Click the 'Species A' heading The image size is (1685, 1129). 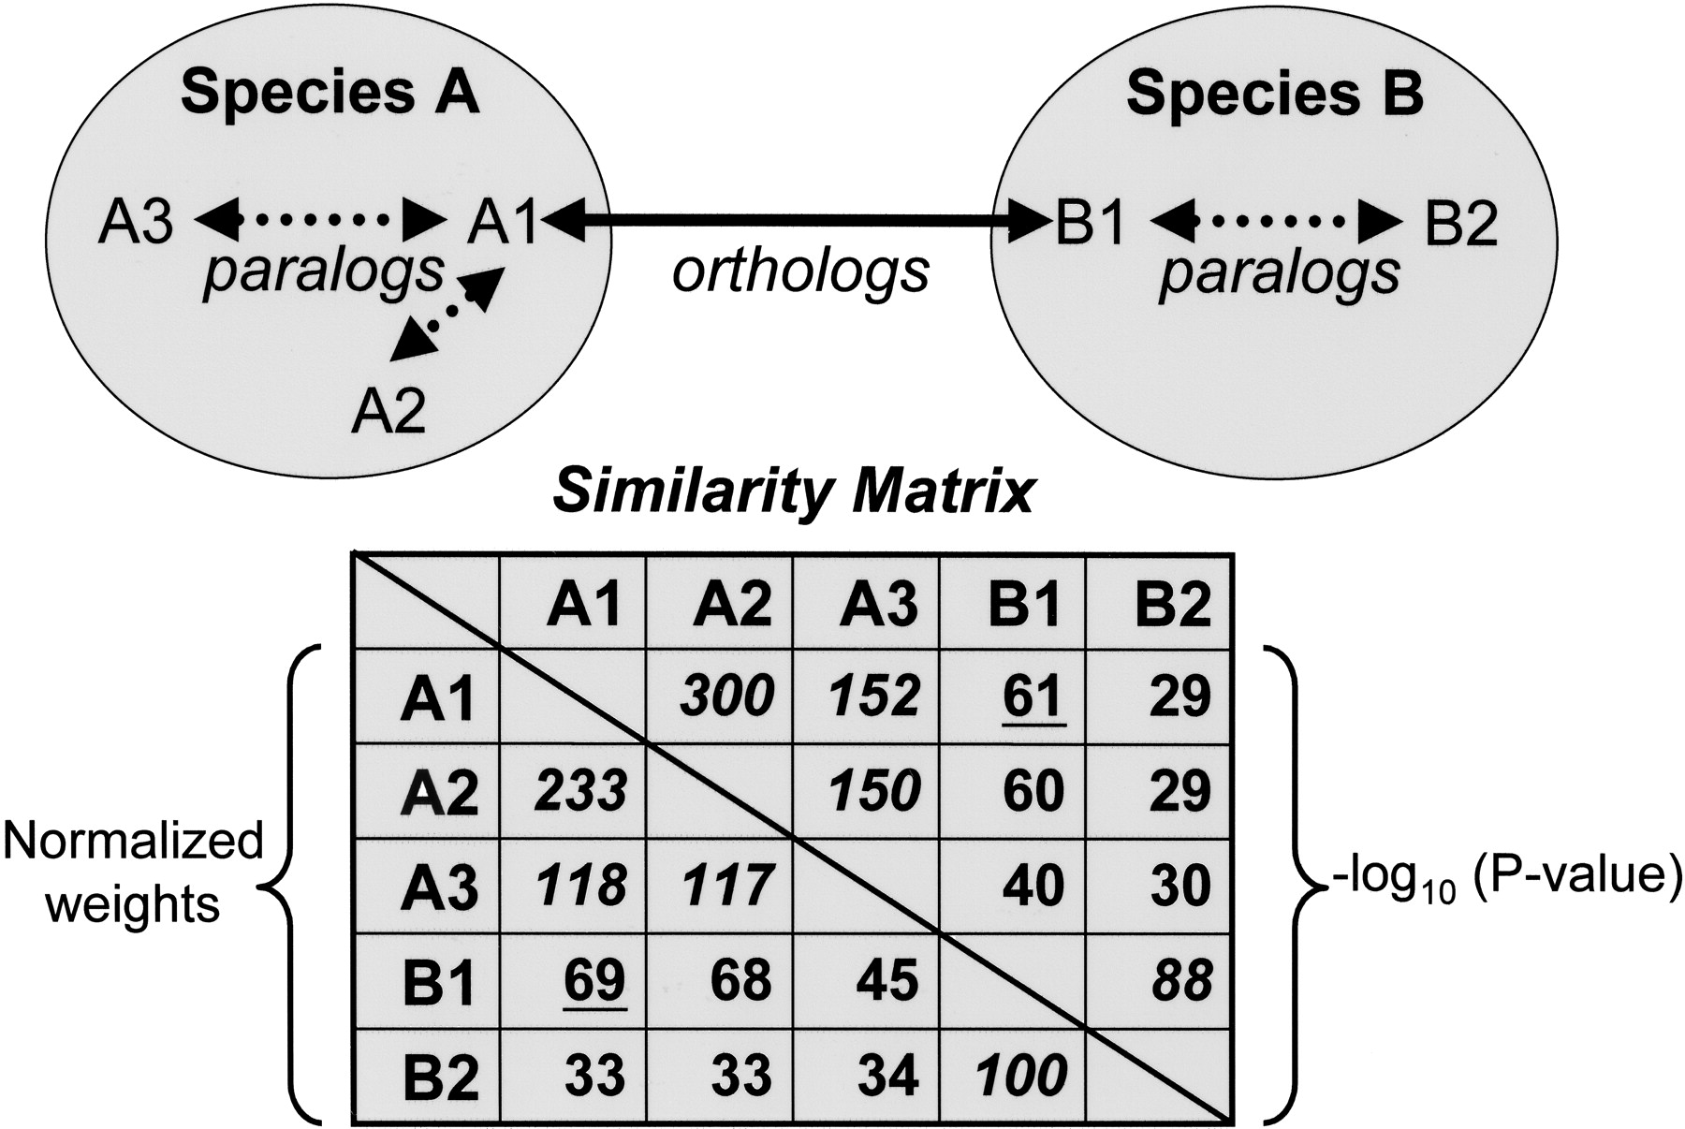click(x=330, y=94)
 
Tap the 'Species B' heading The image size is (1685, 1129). click(x=1274, y=94)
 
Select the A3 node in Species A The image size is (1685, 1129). click(x=136, y=225)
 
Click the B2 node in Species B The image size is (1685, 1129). click(x=1460, y=225)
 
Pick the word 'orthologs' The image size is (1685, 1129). click(x=800, y=271)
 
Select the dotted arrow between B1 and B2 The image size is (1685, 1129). click(x=1276, y=223)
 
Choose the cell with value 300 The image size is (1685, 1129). click(x=727, y=696)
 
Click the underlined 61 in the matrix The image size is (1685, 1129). click(x=1033, y=696)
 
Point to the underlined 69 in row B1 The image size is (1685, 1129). click(x=594, y=981)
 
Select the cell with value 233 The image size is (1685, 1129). click(x=580, y=791)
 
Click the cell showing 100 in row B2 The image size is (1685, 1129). click(x=1021, y=1076)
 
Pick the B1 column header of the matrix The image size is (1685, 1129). click(x=1024, y=604)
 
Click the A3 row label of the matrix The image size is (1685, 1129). click(x=439, y=887)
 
